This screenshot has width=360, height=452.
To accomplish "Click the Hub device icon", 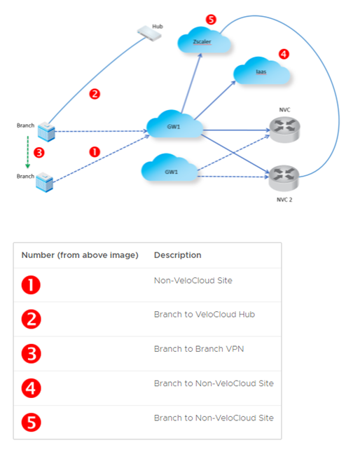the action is [x=149, y=34].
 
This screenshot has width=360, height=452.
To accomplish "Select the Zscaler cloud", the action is [x=204, y=41].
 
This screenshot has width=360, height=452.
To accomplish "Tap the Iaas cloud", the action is [x=261, y=71].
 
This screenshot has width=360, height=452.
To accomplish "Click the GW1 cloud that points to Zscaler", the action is [x=174, y=124].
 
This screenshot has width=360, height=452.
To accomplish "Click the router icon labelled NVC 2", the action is [x=284, y=178].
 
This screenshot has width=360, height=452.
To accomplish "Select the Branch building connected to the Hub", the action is [x=46, y=132].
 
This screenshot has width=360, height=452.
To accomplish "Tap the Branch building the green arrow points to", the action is [x=44, y=182].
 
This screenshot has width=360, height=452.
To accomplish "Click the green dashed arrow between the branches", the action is [x=27, y=152].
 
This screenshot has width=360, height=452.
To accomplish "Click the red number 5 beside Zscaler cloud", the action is [x=211, y=20].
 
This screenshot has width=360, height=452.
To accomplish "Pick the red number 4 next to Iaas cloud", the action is [x=284, y=54].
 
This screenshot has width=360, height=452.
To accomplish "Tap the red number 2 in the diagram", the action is [x=95, y=94].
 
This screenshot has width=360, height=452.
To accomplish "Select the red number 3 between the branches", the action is [x=39, y=153].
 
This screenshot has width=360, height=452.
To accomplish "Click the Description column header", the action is [x=178, y=255].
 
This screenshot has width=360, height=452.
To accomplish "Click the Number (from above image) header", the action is [x=80, y=255].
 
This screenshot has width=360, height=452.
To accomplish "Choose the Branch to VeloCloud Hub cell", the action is [x=205, y=314].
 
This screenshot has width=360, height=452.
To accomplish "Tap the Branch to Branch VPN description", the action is [x=199, y=349].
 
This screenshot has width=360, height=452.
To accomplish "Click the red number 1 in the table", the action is [x=31, y=285].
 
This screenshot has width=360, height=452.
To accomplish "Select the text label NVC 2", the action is [x=284, y=200].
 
